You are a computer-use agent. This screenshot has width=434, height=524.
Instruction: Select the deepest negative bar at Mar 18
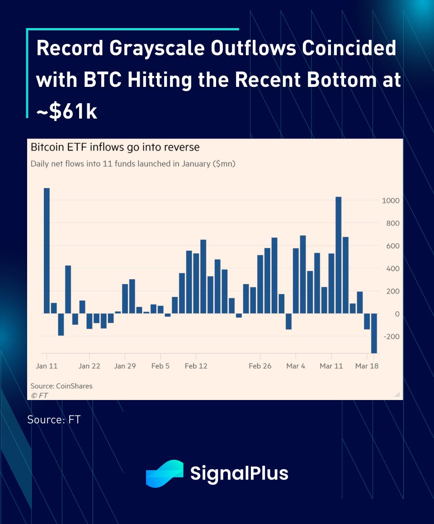pos(374,333)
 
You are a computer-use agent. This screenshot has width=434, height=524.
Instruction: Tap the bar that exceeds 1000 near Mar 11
pos(338,255)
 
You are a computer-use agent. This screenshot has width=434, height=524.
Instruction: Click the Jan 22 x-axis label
pos(89,366)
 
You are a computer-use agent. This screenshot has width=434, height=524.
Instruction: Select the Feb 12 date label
pos(196,366)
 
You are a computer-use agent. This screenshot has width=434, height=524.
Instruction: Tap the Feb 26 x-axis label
pos(260,366)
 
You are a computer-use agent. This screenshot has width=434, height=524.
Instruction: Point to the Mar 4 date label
pos(296,366)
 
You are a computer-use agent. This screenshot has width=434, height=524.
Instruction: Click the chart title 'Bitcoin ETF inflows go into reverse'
pos(115,148)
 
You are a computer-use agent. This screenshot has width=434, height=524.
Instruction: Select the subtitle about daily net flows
pos(133,164)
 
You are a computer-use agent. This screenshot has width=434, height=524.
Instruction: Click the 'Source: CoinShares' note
pos(61,386)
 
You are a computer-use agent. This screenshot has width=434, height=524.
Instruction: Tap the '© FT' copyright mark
pos(39,395)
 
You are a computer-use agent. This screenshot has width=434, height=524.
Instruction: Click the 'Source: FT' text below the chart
pos(54,419)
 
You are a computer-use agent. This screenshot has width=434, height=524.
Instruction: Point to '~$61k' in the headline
pos(67,112)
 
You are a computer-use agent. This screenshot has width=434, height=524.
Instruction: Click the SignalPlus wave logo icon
pos(165,473)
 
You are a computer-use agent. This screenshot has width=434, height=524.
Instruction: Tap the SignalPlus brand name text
pos(239,473)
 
